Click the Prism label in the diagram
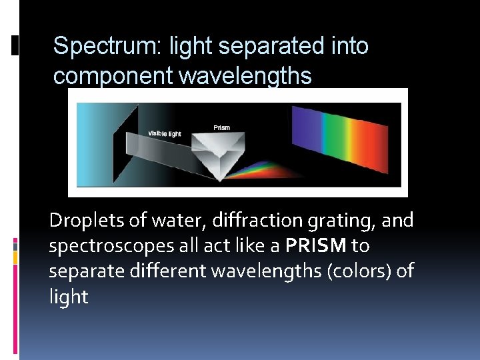click(x=221, y=127)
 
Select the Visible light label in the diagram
click(x=165, y=133)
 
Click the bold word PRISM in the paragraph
click(x=315, y=246)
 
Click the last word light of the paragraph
click(x=68, y=297)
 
